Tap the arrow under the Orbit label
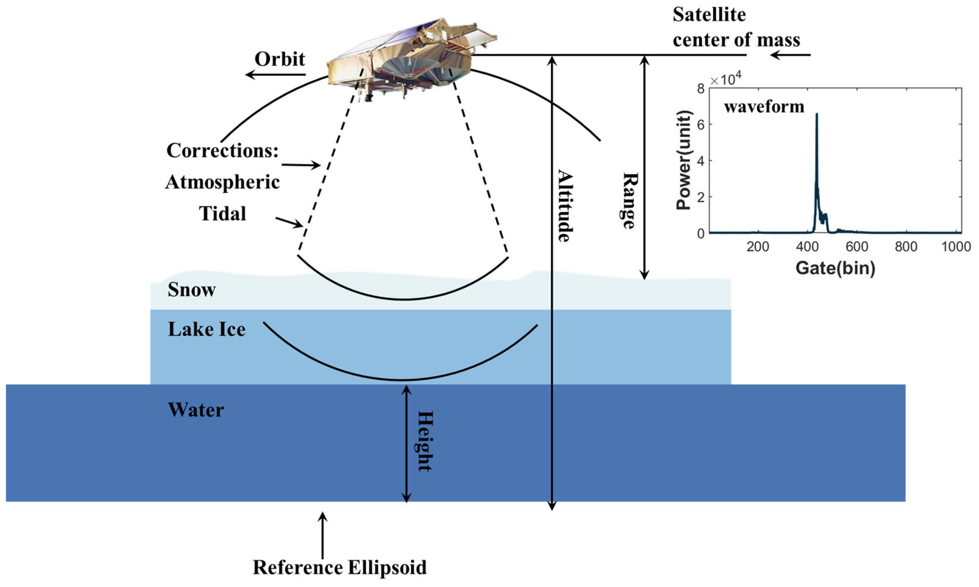(x=275, y=74)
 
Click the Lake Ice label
(x=207, y=329)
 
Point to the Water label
(x=196, y=410)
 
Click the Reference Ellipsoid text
(x=340, y=567)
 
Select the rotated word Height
(x=425, y=441)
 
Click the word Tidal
(x=222, y=214)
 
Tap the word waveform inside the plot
(x=764, y=107)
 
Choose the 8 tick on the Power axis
(x=701, y=89)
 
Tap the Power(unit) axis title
(x=683, y=160)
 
